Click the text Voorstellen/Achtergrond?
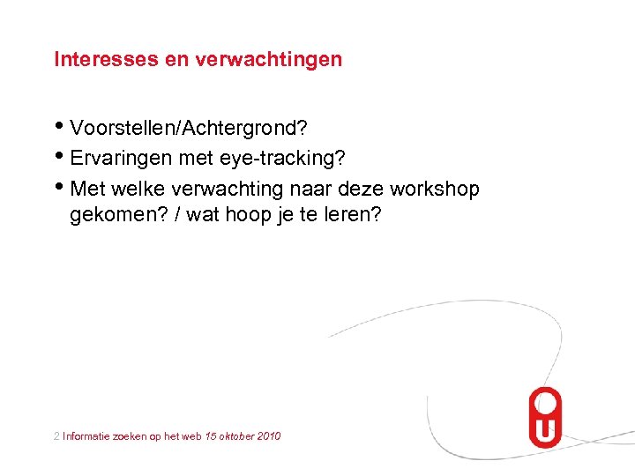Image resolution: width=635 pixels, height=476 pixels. pos(188,129)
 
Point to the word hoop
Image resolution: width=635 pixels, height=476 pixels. pos(250,216)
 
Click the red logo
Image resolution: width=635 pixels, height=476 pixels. pos(544,418)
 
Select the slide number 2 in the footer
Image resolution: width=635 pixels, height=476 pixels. pos(56,435)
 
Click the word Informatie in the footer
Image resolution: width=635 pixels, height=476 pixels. pos(87,435)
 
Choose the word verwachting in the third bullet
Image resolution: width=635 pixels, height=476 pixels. pos(229,189)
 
